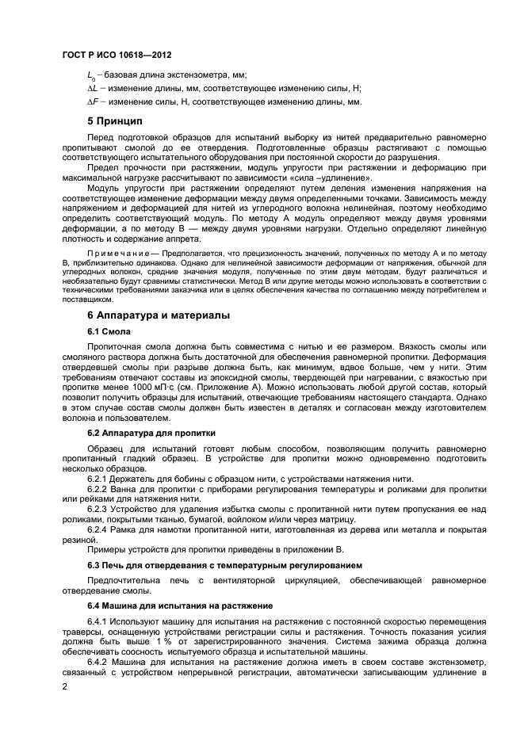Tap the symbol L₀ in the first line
(x=90, y=74)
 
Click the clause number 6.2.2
(x=98, y=490)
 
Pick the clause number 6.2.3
(x=98, y=510)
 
